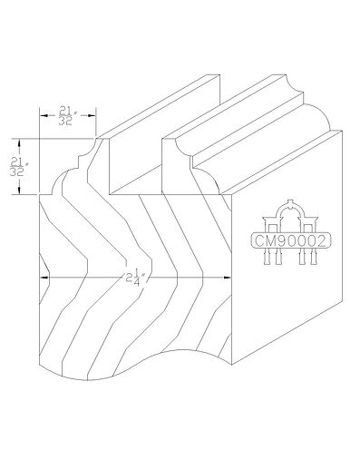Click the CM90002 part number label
(x=290, y=241)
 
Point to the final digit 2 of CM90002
(x=321, y=241)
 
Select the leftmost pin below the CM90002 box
(x=268, y=258)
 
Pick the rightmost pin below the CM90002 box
(x=314, y=258)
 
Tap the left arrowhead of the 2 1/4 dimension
(x=44, y=277)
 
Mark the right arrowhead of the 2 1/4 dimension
(x=227, y=277)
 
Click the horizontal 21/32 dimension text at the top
(x=66, y=116)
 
